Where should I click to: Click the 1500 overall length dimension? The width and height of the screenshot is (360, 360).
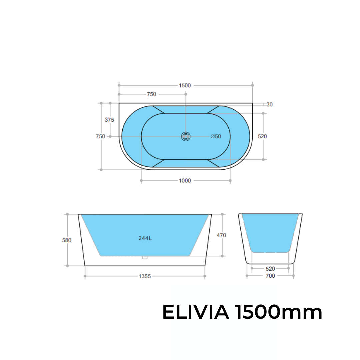click(x=185, y=85)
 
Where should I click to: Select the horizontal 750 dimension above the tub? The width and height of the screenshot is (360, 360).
click(x=151, y=94)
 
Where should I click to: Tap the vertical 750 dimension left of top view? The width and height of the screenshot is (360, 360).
click(x=100, y=136)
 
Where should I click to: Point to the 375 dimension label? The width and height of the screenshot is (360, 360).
click(x=109, y=120)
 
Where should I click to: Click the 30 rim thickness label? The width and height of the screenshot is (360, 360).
click(x=269, y=105)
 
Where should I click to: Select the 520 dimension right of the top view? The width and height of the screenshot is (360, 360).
click(x=262, y=136)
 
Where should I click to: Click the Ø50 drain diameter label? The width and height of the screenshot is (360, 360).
click(x=216, y=136)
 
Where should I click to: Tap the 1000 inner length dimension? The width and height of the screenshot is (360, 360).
click(x=185, y=181)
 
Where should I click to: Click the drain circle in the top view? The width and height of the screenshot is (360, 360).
click(x=186, y=136)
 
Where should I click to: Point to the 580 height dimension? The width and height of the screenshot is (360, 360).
click(x=67, y=240)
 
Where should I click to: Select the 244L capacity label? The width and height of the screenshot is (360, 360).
click(x=145, y=238)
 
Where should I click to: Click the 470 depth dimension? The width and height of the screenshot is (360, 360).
click(x=221, y=235)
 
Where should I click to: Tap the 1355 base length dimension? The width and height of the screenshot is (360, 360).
click(x=145, y=276)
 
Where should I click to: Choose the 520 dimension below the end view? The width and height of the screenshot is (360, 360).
click(x=270, y=269)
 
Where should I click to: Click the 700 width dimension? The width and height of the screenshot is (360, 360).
click(x=270, y=276)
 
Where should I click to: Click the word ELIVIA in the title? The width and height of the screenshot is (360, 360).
click(x=195, y=313)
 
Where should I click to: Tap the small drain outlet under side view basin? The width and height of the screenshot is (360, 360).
click(x=145, y=257)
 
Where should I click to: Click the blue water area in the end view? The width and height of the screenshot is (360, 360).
click(x=270, y=232)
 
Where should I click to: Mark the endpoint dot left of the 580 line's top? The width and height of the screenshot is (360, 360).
click(x=67, y=214)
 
